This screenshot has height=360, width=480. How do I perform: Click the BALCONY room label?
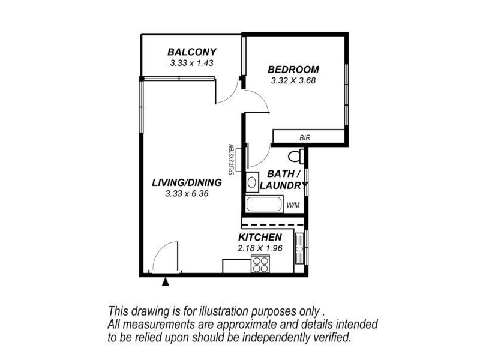coord(192,52)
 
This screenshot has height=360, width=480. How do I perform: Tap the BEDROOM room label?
coord(293,69)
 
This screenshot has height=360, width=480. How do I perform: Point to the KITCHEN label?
coord(260,238)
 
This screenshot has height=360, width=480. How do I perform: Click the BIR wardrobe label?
coord(305,138)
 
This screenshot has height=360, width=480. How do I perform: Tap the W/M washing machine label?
coord(293,205)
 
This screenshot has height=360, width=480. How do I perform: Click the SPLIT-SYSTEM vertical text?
coord(231,159)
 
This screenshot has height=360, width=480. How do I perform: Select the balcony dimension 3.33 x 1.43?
coord(192,62)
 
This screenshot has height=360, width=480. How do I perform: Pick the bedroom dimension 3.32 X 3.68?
coord(293,80)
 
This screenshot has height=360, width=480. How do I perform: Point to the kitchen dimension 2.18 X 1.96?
coord(260,248)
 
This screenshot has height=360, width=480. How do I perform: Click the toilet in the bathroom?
coord(295,157)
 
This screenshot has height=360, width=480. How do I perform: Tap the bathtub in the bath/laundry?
coord(264,204)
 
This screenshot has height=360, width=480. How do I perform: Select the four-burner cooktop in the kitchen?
coord(260,264)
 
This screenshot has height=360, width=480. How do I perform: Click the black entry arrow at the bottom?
coord(166,280)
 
